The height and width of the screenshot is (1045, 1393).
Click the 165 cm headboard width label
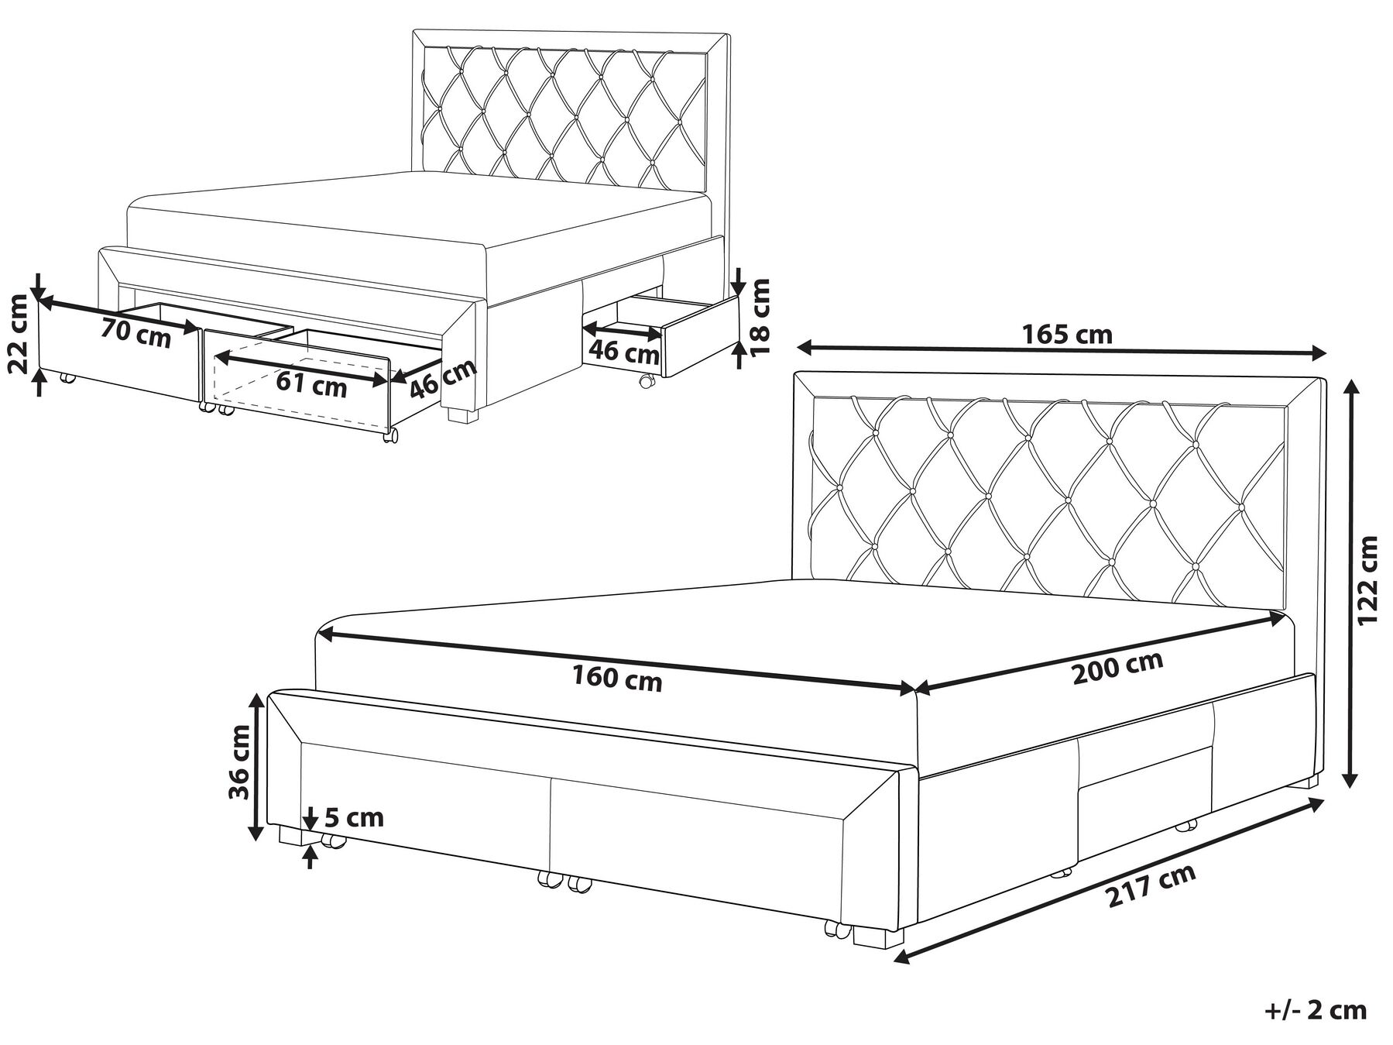pos(1067,335)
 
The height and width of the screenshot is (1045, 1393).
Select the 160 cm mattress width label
pos(617,679)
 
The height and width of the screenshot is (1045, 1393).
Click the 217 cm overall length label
pos(1151,885)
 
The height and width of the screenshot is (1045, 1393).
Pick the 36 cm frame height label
pos(239,762)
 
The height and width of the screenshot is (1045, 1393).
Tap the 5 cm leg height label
pos(354,817)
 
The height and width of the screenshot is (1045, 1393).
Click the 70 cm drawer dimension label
pos(136,335)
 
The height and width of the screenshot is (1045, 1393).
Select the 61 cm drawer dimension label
pos(312,385)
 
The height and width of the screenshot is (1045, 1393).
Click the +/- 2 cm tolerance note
pos(1316,1010)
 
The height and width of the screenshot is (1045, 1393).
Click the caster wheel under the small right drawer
pos(646,381)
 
